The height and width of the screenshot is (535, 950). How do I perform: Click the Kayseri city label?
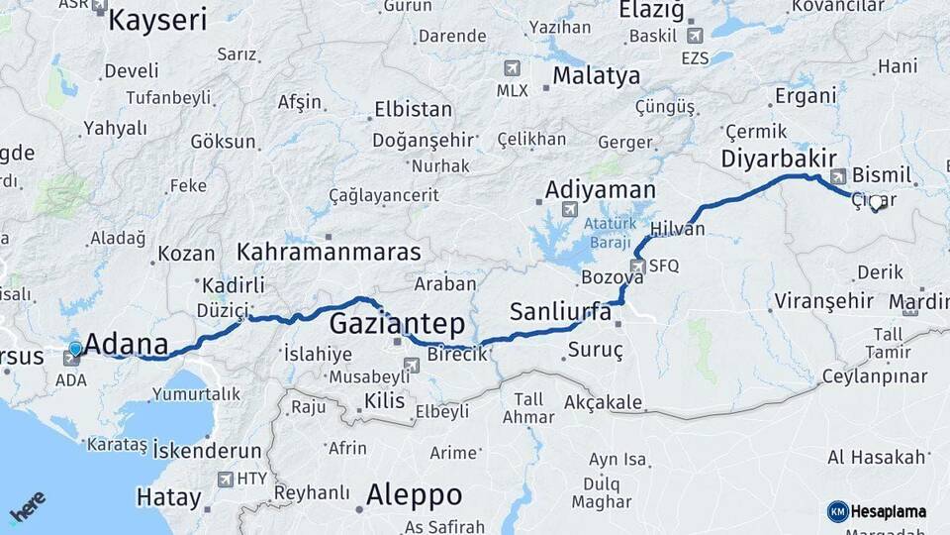pyautogui.click(x=157, y=19)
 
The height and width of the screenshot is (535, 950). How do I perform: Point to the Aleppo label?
pyautogui.click(x=414, y=494)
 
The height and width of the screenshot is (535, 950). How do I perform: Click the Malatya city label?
pyautogui.click(x=596, y=75)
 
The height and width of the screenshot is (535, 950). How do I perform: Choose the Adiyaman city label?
pyautogui.click(x=600, y=189)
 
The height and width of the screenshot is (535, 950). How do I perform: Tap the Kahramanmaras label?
pyautogui.click(x=329, y=252)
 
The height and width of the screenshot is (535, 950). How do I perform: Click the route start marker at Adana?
pyautogui.click(x=75, y=350)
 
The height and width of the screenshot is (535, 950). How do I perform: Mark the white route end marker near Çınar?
pyautogui.click(x=875, y=203)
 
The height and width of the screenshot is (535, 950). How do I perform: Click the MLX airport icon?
pyautogui.click(x=512, y=68)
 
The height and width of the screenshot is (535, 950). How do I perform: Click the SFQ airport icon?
pyautogui.click(x=639, y=266)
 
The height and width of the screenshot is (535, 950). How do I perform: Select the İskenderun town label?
pyautogui.click(x=207, y=450)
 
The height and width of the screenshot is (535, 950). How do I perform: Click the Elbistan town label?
pyautogui.click(x=413, y=110)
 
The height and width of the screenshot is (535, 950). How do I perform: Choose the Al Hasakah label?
pyautogui.click(x=877, y=457)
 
